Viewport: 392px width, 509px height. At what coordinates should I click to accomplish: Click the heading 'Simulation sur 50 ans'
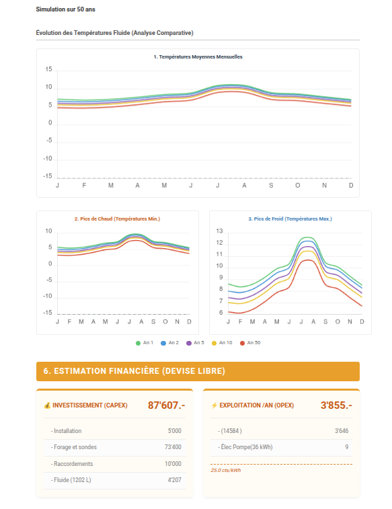[65, 10]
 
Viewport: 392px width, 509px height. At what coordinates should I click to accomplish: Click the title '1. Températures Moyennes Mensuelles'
[198, 57]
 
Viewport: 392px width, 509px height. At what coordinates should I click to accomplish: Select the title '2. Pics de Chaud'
[117, 219]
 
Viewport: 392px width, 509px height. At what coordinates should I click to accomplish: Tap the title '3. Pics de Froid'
[290, 219]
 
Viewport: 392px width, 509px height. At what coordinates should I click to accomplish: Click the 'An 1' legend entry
[145, 343]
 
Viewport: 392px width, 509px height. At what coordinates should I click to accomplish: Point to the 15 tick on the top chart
[48, 70]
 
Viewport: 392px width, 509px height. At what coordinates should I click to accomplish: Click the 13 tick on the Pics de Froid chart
[219, 231]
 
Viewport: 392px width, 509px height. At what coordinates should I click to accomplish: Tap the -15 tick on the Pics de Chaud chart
[48, 313]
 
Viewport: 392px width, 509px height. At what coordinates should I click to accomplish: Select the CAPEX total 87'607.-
[166, 405]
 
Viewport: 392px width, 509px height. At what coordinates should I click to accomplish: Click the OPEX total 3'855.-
[336, 405]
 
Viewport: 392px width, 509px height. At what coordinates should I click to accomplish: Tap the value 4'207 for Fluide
[173, 480]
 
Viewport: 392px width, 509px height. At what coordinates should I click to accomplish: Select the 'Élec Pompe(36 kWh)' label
[245, 447]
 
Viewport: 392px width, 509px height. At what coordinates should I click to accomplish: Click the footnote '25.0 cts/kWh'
[225, 470]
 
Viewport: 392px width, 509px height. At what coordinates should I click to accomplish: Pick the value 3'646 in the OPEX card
[341, 431]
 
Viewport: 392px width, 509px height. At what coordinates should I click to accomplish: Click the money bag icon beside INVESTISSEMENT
[47, 405]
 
